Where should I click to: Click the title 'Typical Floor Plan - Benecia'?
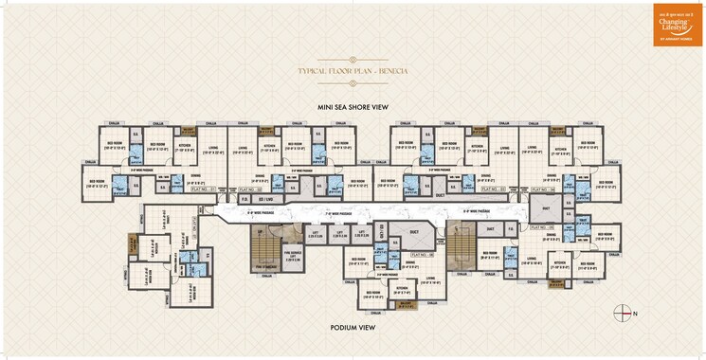click(353, 72)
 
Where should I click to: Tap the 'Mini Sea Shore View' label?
click(353, 108)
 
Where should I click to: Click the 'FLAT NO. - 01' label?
click(205, 189)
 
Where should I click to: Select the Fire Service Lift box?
click(293, 257)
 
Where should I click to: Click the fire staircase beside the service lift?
click(261, 251)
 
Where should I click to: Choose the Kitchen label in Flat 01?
click(185, 148)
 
